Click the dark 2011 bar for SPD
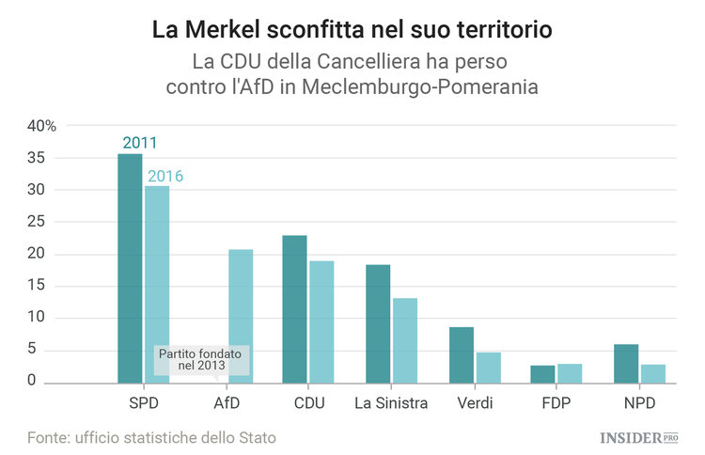[x=130, y=268]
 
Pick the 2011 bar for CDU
[x=294, y=309]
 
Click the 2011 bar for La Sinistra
[x=378, y=323]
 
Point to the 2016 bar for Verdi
[x=488, y=368]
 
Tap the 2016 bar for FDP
[x=570, y=373]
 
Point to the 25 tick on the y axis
[x=36, y=222]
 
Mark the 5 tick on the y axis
[x=31, y=350]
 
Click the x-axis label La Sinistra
[x=391, y=404]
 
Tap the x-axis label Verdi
[x=475, y=404]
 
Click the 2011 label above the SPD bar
[x=139, y=143]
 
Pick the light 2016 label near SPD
[x=165, y=176]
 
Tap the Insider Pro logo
[x=639, y=437]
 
